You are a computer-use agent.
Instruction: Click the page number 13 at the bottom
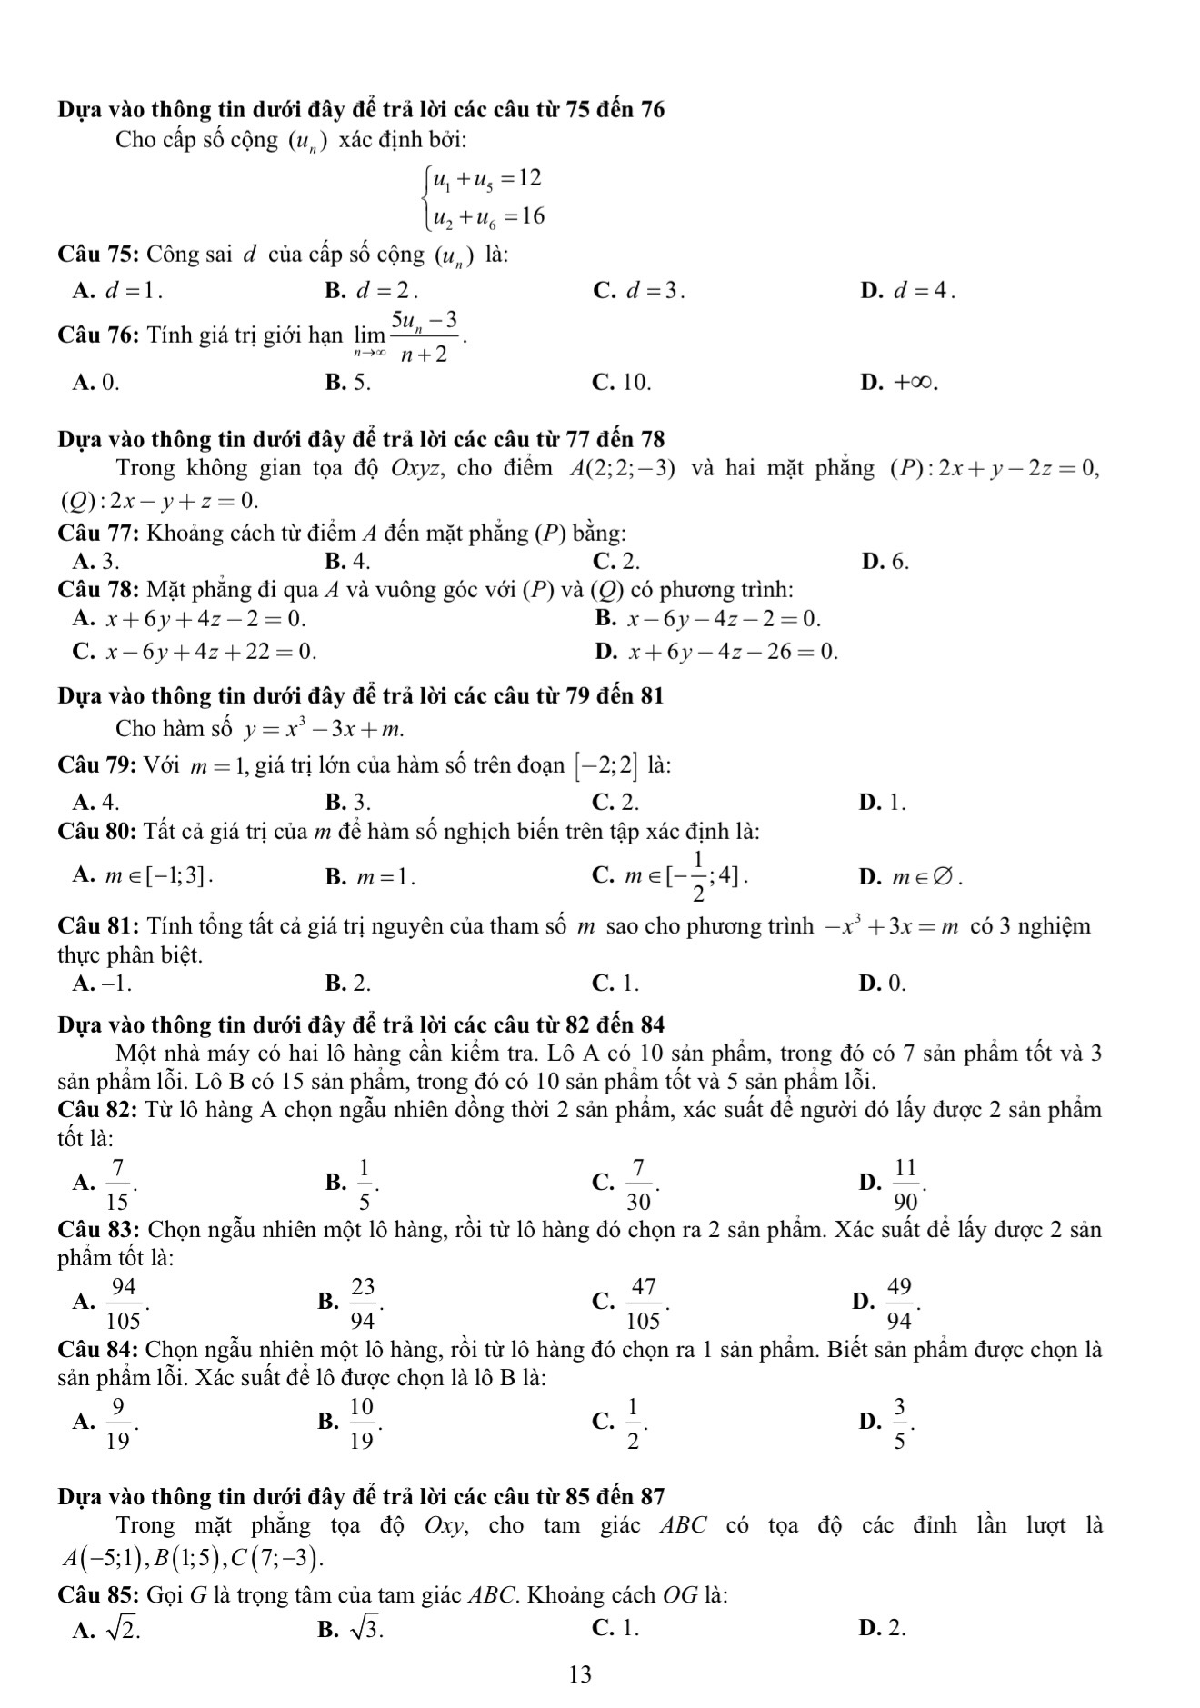pyautogui.click(x=580, y=1673)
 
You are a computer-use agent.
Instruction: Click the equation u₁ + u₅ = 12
pyautogui.click(x=486, y=179)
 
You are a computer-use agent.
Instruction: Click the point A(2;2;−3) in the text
pyautogui.click(x=622, y=469)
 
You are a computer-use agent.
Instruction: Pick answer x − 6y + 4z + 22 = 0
pyautogui.click(x=210, y=652)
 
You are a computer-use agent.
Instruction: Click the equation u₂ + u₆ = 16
pyautogui.click(x=488, y=216)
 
